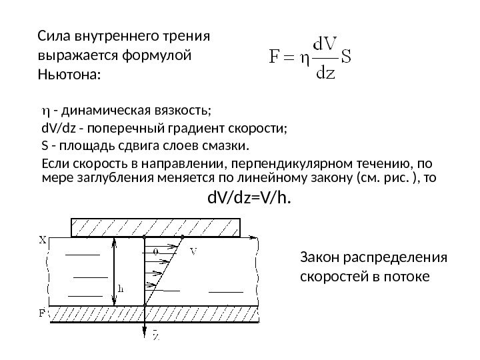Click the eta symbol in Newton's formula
(x=301, y=55)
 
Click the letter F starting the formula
(x=275, y=55)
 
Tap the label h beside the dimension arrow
(x=122, y=289)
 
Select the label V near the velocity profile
(x=193, y=251)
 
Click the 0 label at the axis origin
(x=155, y=251)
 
